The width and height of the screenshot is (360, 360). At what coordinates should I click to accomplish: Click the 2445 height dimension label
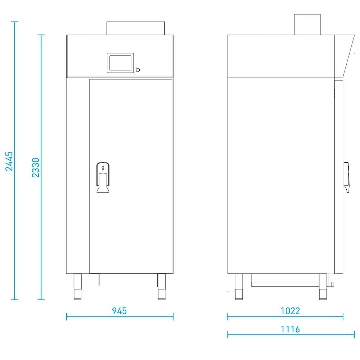(10, 161)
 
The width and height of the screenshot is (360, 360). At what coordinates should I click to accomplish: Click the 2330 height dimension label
(35, 167)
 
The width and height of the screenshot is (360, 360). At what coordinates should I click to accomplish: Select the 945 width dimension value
(119, 311)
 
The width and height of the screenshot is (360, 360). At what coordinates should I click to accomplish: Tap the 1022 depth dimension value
(290, 311)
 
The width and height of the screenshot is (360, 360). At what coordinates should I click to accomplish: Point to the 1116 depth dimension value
(290, 329)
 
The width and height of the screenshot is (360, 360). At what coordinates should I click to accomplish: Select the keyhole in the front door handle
(103, 168)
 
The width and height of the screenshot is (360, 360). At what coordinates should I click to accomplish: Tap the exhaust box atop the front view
(135, 28)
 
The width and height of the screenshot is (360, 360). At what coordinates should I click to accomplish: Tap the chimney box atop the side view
(307, 24)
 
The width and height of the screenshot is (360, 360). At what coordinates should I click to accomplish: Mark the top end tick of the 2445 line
(14, 22)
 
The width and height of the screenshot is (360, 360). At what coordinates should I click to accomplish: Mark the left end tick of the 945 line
(67, 316)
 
